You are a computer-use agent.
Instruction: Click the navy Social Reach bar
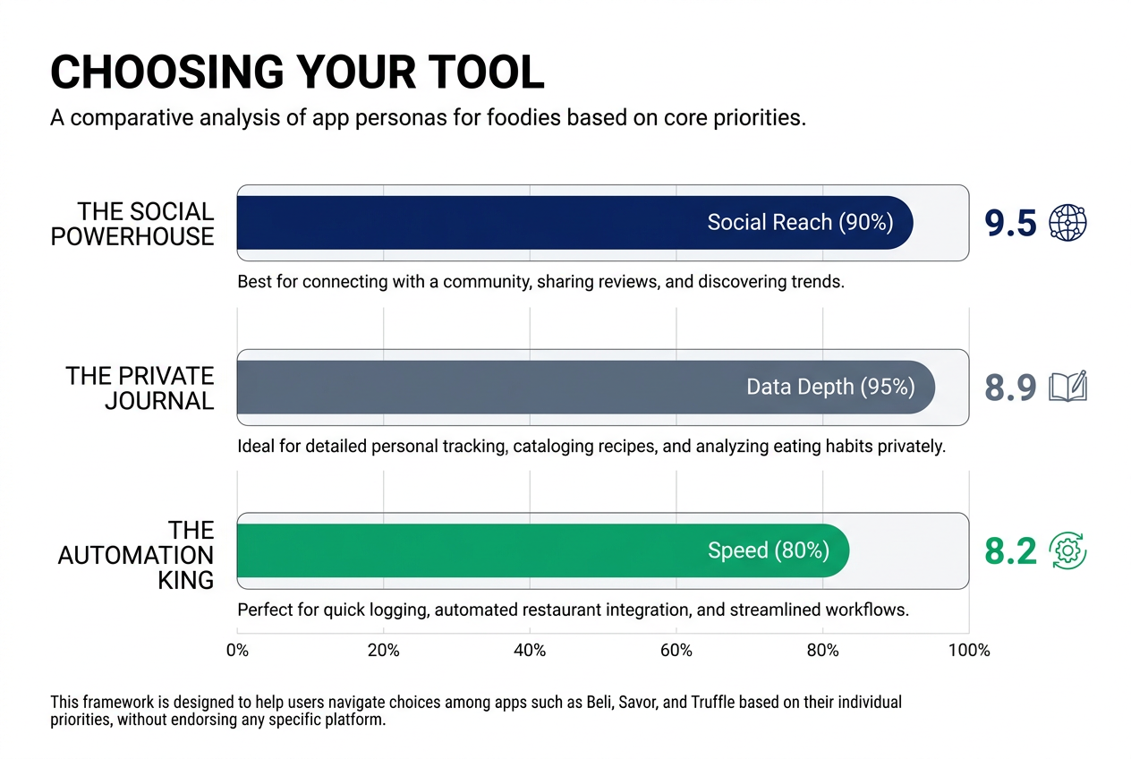(x=465, y=223)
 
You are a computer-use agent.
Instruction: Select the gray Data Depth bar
(x=483, y=388)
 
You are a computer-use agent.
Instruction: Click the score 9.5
(x=1010, y=224)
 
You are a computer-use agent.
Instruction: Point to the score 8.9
(x=1010, y=388)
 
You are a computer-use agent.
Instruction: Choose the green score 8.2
(x=1010, y=551)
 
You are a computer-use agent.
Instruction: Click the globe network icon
(x=1067, y=223)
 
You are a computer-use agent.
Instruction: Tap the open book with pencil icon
(x=1067, y=387)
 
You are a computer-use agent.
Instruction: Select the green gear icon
(x=1067, y=550)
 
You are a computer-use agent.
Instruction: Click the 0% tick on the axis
(x=237, y=651)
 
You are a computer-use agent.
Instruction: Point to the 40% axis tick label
(x=530, y=651)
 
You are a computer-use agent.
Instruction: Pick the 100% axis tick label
(x=968, y=651)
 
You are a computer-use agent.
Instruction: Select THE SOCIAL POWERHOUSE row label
(x=132, y=224)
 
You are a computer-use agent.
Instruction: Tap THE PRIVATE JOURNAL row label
(x=140, y=388)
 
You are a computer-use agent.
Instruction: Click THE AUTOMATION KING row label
(x=136, y=555)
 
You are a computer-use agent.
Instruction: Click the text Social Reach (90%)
(x=800, y=223)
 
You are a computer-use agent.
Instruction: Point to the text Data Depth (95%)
(x=830, y=388)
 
